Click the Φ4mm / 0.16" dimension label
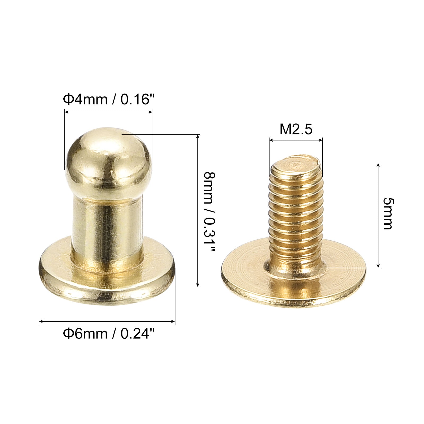point(108,99)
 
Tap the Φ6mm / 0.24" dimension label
point(108,333)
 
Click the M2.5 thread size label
point(296,129)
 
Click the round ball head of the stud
point(108,159)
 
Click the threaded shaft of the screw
point(296,217)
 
